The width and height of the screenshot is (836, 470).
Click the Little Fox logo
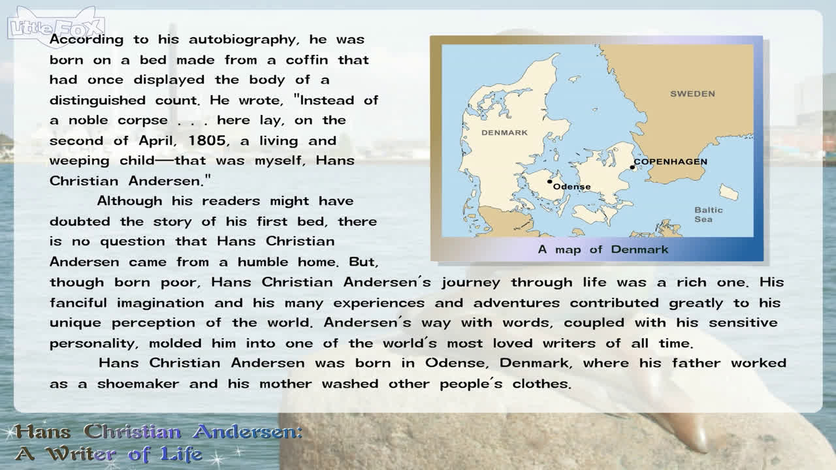pyautogui.click(x=56, y=27)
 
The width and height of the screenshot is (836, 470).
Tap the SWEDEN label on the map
pyautogui.click(x=692, y=93)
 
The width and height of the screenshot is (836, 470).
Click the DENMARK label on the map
pyautogui.click(x=504, y=133)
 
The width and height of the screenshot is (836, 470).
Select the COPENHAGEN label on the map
pyautogui.click(x=671, y=161)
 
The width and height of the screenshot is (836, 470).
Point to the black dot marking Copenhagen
pyautogui.click(x=632, y=167)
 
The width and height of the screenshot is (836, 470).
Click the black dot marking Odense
pyautogui.click(x=550, y=181)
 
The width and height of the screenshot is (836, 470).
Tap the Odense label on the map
pyautogui.click(x=571, y=187)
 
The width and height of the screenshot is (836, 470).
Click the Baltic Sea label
pyautogui.click(x=709, y=215)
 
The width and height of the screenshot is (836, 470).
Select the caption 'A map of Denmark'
pyautogui.click(x=603, y=249)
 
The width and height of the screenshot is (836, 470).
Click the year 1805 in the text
pyautogui.click(x=207, y=140)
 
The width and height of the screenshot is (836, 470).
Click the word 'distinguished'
pyautogui.click(x=97, y=101)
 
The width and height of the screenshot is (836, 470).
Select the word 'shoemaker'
pyautogui.click(x=138, y=383)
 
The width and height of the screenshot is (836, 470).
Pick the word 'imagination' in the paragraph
pyautogui.click(x=161, y=303)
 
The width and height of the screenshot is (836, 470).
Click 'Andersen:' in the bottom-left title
pyautogui.click(x=248, y=432)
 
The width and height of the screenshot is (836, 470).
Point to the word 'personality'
pyautogui.click(x=93, y=343)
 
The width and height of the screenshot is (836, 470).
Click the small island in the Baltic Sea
pyautogui.click(x=728, y=192)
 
